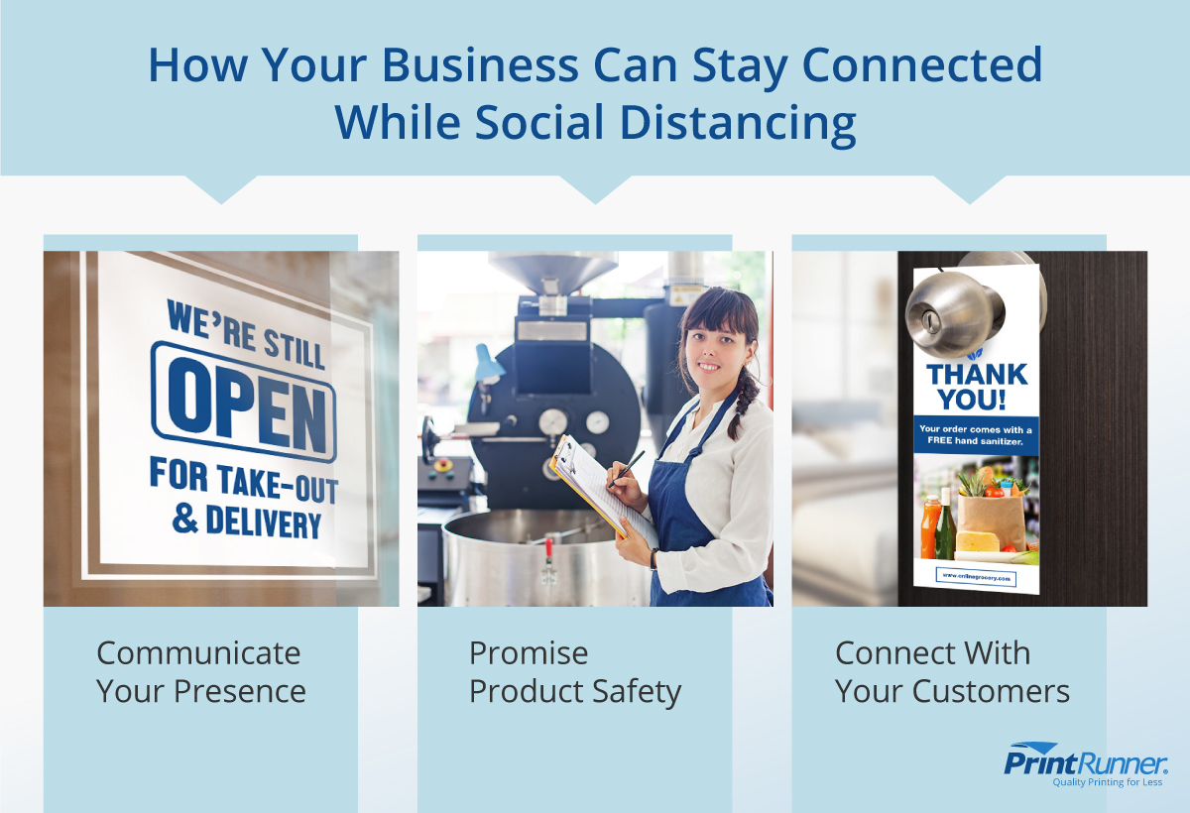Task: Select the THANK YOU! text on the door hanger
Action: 976,387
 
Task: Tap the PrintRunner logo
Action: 1086,762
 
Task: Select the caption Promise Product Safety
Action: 575,671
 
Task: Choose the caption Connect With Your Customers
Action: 952,671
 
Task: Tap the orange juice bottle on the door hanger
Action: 929,526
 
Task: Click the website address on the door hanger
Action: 976,576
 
